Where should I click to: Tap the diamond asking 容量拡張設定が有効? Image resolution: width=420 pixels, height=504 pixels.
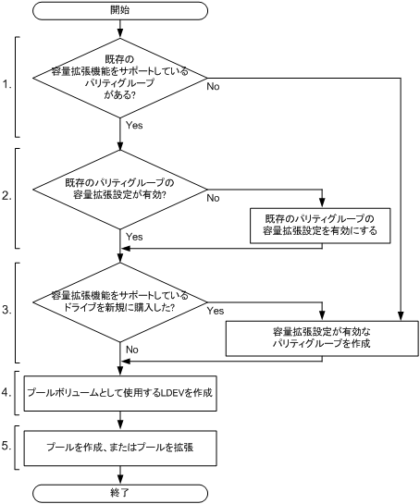tap(121, 190)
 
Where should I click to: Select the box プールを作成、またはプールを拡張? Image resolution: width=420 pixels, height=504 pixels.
tap(121, 446)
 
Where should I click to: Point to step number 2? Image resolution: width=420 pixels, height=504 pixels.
tap(7, 196)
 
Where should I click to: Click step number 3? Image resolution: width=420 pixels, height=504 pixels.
tap(7, 312)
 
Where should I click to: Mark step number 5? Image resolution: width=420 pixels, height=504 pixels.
tap(7, 445)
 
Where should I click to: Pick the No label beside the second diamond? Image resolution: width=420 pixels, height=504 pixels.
tap(211, 197)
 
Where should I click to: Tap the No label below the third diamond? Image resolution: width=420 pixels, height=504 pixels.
tap(132, 350)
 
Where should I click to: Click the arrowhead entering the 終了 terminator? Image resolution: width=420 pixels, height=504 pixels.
tap(121, 475)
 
